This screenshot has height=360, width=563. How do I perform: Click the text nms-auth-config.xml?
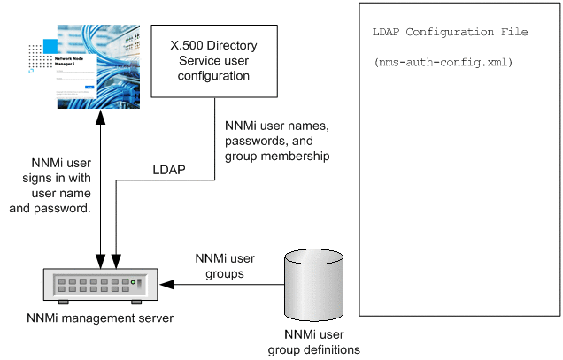443,63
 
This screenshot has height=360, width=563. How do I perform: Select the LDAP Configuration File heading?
451,32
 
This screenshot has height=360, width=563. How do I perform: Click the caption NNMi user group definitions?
314,342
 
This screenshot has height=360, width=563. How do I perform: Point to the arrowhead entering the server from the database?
170,285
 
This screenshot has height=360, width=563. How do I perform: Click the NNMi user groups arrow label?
225,266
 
